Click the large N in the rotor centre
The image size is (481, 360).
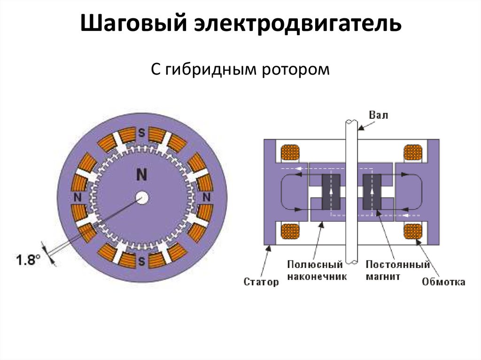141,175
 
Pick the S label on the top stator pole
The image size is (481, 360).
141,133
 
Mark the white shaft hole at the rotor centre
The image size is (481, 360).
142,198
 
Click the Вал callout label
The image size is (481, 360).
379,115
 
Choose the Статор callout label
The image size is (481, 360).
261,282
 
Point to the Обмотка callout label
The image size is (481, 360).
443,282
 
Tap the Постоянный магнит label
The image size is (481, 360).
397,271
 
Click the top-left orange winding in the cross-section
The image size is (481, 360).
290,153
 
